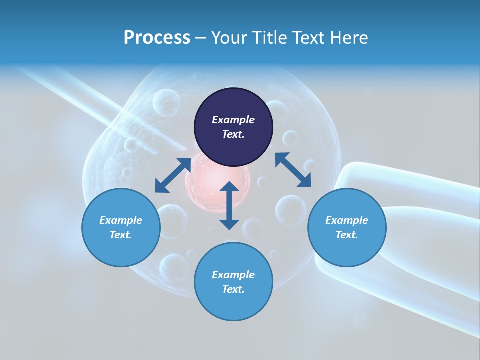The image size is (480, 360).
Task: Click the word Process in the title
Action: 157,38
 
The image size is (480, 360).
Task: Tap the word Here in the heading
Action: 348,38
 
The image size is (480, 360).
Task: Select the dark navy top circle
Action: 233,127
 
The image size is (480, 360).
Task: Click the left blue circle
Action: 121,227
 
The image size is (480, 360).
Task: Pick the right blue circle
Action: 347,227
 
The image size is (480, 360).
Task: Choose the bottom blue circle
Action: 233,282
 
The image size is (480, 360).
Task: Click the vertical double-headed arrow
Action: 229,205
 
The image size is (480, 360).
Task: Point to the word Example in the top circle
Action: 233,120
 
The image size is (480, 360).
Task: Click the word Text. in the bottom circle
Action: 233,289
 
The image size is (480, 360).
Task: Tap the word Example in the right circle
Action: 347,220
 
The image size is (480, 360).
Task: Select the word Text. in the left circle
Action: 121,235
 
